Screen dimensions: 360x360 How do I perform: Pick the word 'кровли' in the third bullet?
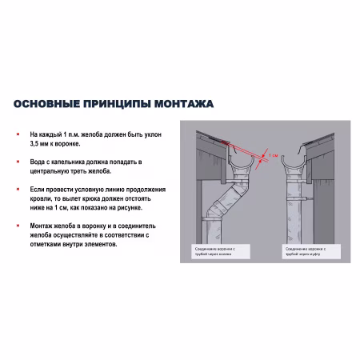click(x=39, y=198)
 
